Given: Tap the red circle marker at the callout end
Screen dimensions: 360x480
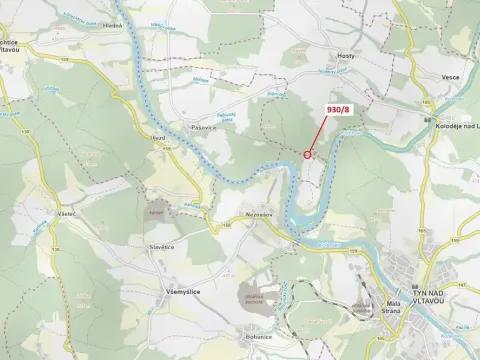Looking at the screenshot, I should click(x=307, y=154).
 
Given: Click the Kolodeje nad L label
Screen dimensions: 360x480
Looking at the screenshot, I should click(x=453, y=124).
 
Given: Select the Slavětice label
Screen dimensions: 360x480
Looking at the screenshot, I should click(x=161, y=246).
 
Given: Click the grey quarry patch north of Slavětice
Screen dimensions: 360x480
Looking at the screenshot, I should click(x=156, y=213).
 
